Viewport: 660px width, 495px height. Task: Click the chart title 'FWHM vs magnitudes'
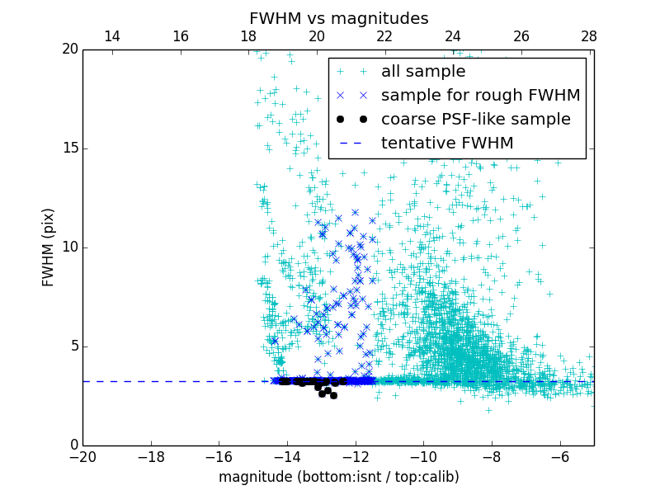click(338, 18)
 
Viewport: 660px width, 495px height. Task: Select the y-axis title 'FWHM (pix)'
click(49, 247)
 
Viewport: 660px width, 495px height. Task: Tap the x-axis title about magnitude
click(338, 477)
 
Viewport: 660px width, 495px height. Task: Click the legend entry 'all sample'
click(422, 72)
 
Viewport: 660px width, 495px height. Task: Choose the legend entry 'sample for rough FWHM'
click(480, 96)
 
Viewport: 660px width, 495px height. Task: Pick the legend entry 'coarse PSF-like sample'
click(475, 120)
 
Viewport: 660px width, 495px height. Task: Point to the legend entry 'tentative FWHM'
click(446, 144)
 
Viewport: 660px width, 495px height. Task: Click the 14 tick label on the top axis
click(112, 36)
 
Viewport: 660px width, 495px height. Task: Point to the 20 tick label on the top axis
click(317, 36)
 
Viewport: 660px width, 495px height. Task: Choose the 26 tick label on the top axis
click(521, 36)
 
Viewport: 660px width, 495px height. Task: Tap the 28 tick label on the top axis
click(589, 36)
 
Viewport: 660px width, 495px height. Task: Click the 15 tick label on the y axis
click(69, 148)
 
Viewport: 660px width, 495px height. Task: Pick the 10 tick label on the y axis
click(69, 247)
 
